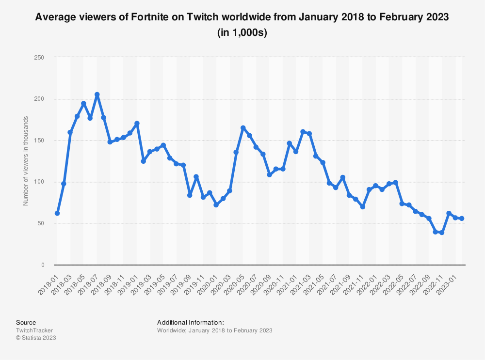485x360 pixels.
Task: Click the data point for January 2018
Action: click(57, 213)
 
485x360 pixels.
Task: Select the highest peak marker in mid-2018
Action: click(97, 94)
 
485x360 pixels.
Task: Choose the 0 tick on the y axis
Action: click(42, 265)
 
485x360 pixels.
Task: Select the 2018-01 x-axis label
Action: click(48, 280)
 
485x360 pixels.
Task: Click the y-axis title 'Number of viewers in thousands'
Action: click(26, 161)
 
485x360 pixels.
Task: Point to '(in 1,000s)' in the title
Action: click(242, 33)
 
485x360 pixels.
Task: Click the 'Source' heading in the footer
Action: click(26, 322)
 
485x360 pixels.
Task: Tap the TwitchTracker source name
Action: click(34, 330)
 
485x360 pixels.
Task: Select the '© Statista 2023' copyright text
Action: click(36, 338)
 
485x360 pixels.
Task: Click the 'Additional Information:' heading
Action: click(190, 322)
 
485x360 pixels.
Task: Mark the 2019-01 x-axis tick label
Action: click(128, 280)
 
